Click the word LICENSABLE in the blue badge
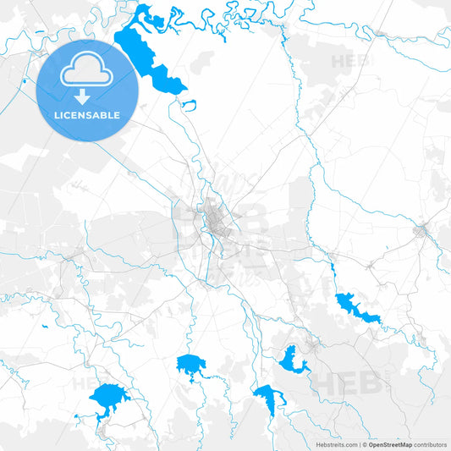87,115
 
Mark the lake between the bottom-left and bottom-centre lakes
190,366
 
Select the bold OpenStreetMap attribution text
390,443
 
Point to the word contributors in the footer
431,443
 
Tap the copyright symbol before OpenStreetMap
364,443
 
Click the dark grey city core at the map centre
217,224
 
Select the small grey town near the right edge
421,230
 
